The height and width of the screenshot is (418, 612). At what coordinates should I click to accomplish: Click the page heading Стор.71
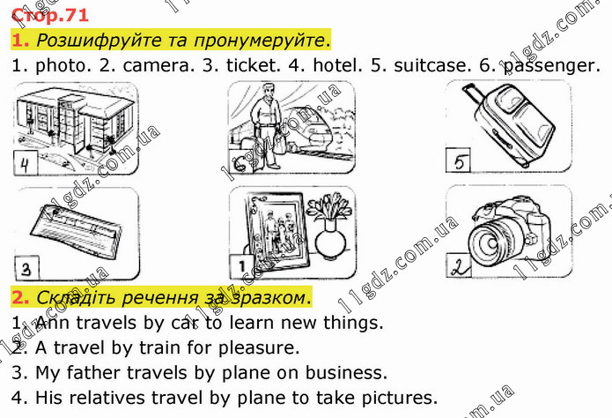51,15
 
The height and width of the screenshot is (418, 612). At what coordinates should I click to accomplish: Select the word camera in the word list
159,65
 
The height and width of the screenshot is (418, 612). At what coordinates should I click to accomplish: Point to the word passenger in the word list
552,66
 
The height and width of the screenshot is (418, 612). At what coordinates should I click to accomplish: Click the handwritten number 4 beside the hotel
26,163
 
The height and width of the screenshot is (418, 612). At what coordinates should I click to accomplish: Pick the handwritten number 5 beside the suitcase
459,160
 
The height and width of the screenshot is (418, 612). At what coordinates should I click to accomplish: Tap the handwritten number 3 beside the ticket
26,269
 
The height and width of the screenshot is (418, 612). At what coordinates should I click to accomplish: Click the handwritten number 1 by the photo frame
241,266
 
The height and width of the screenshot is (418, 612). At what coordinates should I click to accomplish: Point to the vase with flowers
329,226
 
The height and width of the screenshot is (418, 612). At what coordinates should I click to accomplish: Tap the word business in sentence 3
346,373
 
